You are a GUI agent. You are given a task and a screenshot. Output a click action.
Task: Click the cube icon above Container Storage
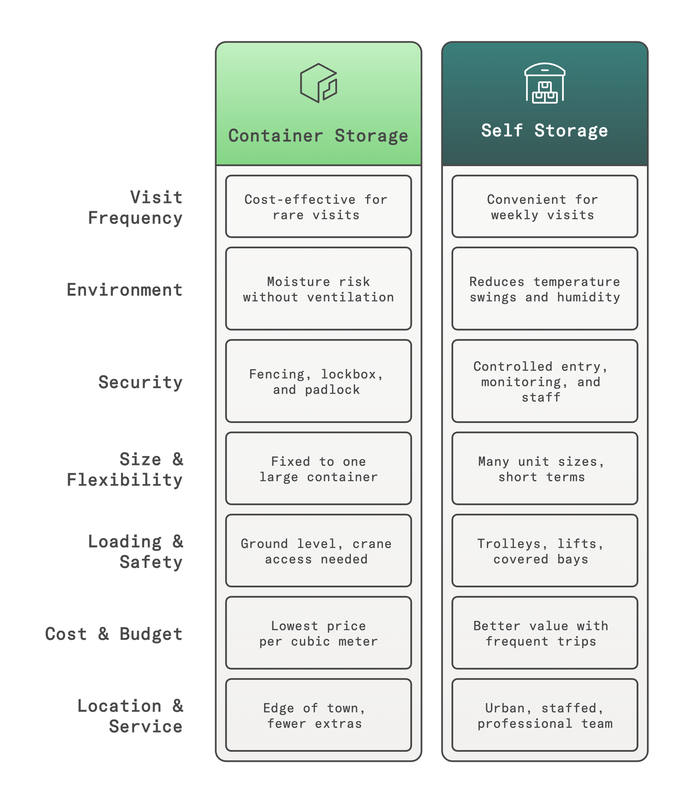tap(318, 83)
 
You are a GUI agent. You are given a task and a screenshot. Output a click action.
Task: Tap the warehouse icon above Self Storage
tap(544, 83)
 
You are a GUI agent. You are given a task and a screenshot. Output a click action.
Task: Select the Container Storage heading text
tap(318, 136)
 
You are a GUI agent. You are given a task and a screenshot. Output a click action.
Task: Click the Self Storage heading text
tap(544, 131)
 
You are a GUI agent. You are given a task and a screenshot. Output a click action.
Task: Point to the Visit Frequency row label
tap(135, 207)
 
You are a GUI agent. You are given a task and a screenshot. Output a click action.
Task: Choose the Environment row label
tap(124, 290)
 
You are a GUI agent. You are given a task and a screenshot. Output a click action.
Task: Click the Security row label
tap(140, 382)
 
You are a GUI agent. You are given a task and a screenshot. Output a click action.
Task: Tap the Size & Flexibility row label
tap(125, 469)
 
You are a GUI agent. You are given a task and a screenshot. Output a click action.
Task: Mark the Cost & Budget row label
tap(114, 634)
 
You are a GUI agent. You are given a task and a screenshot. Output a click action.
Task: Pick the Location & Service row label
tap(131, 716)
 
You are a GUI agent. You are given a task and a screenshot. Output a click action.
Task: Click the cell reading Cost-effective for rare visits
tap(318, 207)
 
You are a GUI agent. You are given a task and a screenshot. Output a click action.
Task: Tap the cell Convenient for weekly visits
tap(544, 207)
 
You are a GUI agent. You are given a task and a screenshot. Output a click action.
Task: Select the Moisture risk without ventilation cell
tap(318, 289)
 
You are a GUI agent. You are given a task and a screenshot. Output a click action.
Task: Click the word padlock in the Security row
tap(333, 390)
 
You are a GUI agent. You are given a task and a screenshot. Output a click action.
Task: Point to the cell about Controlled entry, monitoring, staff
tap(544, 381)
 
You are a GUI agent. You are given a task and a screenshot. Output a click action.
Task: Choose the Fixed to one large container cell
tap(318, 469)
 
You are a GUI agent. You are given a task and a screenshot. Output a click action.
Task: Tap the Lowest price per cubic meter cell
tap(318, 633)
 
